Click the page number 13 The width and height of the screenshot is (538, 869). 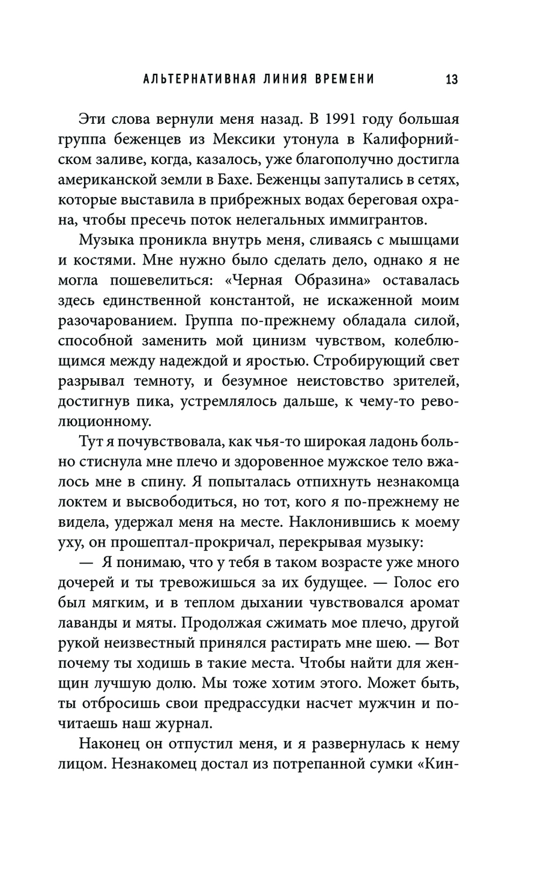451,80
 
